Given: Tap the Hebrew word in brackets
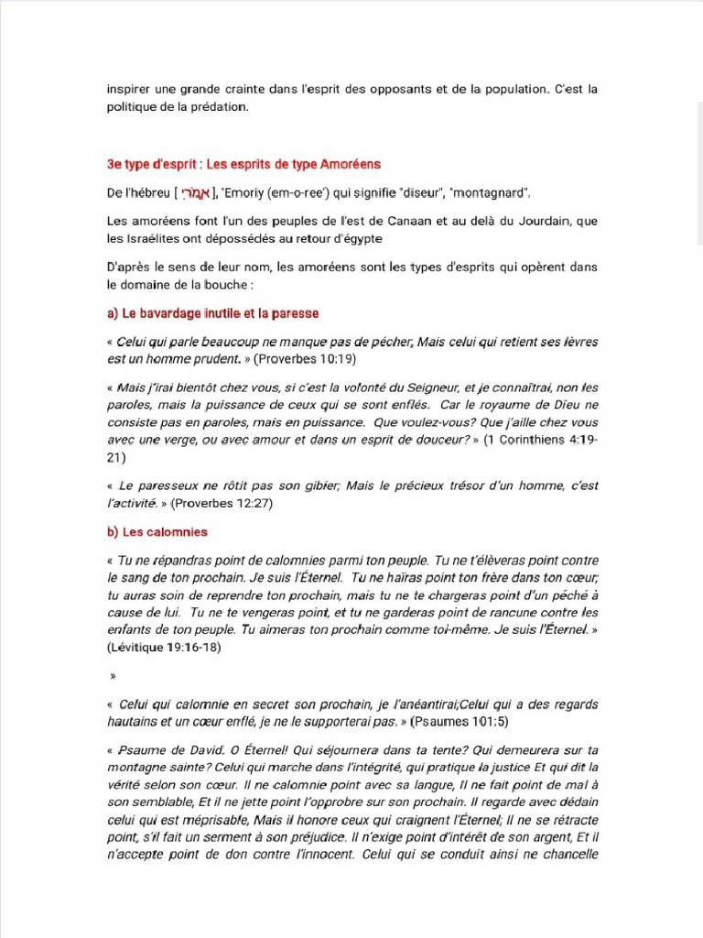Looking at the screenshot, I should click(x=196, y=193).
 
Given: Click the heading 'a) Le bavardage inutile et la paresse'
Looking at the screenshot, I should click(x=212, y=313).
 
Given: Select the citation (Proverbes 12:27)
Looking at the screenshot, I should click(x=222, y=503).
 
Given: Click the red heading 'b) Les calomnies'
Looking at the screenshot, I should click(x=157, y=531).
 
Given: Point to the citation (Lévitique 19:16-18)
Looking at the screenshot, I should click(x=164, y=647).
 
